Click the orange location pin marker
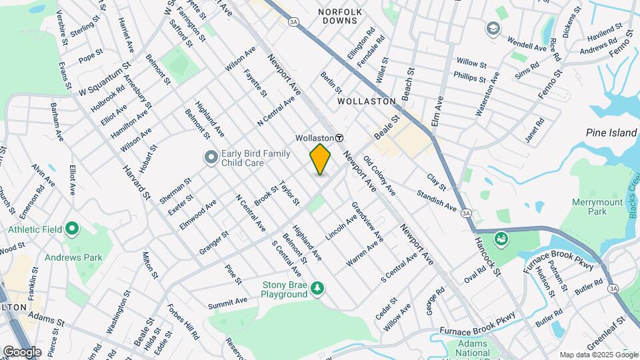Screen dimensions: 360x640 pyautogui.click(x=320, y=159)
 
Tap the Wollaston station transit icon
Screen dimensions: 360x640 pyautogui.click(x=339, y=138)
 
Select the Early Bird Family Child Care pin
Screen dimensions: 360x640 pyautogui.click(x=211, y=158)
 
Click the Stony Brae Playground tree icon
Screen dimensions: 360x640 pyautogui.click(x=319, y=287)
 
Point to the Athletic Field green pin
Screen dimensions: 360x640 pyautogui.click(x=72, y=230)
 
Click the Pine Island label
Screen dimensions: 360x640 pyautogui.click(x=611, y=133)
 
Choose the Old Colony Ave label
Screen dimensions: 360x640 pyautogui.click(x=379, y=175)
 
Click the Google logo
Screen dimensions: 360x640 pyautogui.click(x=21, y=351)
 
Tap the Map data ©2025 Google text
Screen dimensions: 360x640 pyautogui.click(x=598, y=355)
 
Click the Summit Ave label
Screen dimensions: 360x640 pyautogui.click(x=227, y=301)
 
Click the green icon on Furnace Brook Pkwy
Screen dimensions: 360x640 pyautogui.click(x=501, y=237)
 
